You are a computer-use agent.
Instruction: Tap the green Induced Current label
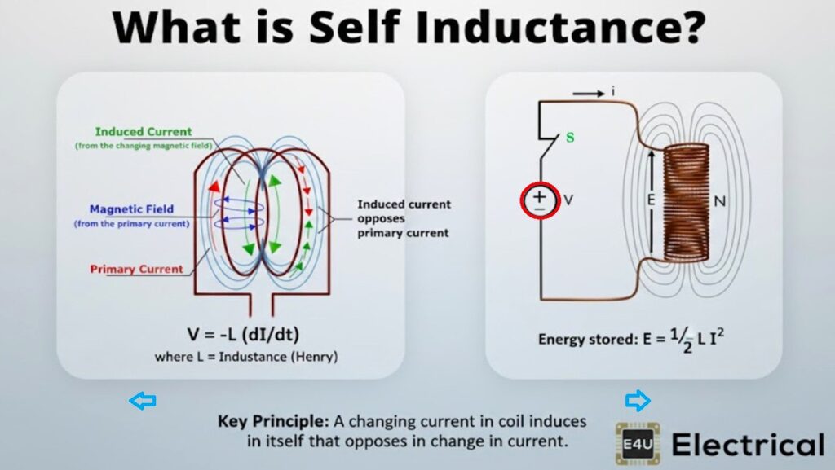coord(144,132)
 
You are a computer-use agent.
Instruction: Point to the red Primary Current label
coord(136,269)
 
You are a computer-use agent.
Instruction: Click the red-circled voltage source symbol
coord(539,200)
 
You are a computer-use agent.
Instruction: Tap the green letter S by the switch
coord(570,137)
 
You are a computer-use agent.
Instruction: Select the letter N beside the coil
coord(719,200)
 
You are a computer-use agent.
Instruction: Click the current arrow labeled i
coord(593,93)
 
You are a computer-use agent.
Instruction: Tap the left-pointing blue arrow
coord(143,400)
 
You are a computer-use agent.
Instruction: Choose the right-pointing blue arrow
coord(638,400)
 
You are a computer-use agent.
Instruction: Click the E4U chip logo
coord(636,444)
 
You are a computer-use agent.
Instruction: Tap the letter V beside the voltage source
coord(569,200)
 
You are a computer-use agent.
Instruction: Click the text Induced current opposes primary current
coord(403,218)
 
